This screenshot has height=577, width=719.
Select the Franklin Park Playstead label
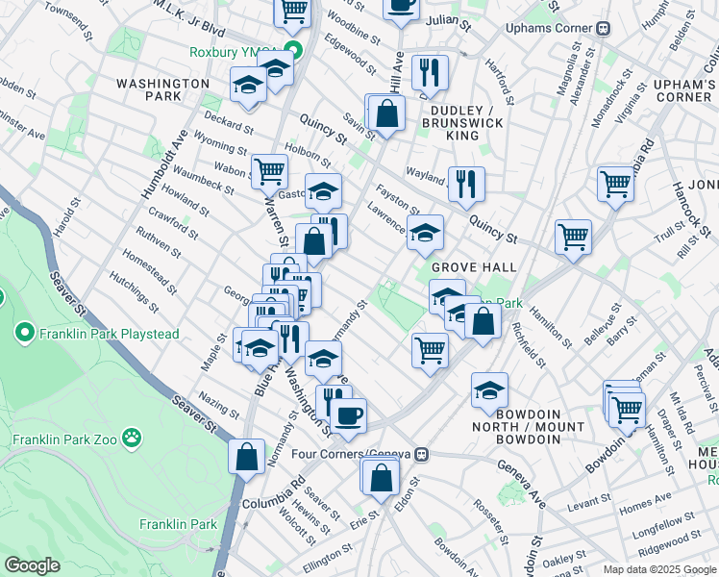point(90,334)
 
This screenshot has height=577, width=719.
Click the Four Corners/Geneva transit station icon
point(421,454)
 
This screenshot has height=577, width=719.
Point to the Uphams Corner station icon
point(604,28)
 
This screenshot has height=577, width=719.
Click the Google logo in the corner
point(32,564)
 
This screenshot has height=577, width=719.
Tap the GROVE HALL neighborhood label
point(474,266)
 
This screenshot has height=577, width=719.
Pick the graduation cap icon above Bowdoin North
point(489,390)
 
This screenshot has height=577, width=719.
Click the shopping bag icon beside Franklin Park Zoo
point(247,456)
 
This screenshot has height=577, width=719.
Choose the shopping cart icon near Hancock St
point(615,183)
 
